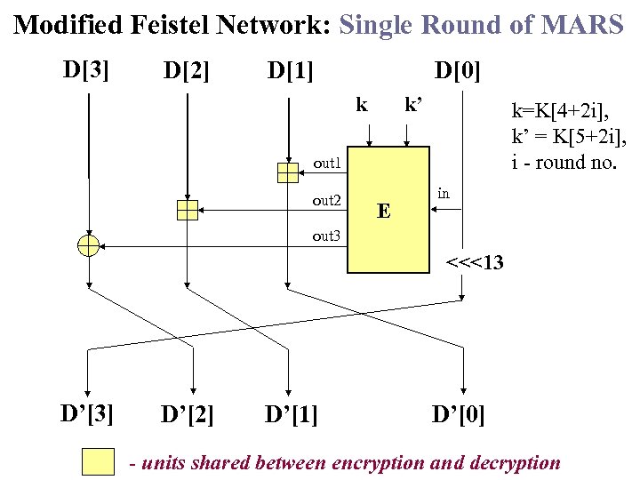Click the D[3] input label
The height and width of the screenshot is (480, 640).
click(x=86, y=68)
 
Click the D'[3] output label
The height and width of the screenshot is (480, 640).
click(x=86, y=412)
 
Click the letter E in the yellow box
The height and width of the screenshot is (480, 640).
click(x=383, y=212)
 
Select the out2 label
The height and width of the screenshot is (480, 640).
click(x=327, y=201)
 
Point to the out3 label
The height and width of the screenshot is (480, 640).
click(x=327, y=236)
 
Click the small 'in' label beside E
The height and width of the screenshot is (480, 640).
click(x=444, y=193)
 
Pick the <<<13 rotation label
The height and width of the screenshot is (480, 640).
click(x=475, y=263)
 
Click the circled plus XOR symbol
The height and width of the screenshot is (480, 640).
click(x=88, y=246)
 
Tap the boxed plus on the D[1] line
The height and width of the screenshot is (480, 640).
click(x=288, y=172)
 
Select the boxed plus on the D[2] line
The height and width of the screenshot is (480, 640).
click(x=187, y=210)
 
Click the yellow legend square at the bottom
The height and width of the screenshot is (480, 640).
click(x=98, y=462)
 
